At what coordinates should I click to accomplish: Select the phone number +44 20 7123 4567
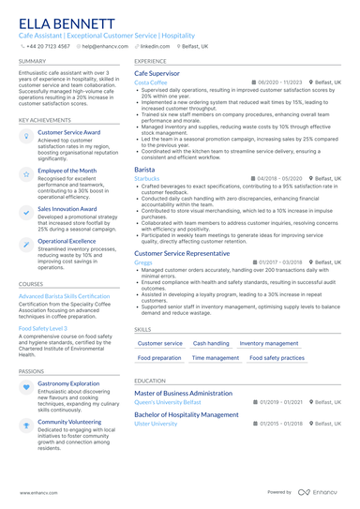click(48, 46)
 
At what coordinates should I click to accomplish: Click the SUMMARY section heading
click(32, 61)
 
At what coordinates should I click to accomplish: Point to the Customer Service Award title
click(68, 133)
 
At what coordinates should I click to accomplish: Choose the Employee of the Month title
click(67, 171)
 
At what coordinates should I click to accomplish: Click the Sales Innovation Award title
click(67, 209)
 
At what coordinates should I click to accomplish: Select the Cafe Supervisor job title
click(157, 72)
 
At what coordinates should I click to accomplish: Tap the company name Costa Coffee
click(150, 82)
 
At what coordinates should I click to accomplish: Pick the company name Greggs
click(142, 262)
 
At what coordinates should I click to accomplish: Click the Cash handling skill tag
click(210, 344)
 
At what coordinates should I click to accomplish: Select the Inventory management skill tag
click(269, 344)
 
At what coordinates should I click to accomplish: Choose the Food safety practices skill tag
click(278, 358)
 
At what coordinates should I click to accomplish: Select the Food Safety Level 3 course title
click(43, 329)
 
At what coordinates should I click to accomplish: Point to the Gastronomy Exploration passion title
click(68, 383)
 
